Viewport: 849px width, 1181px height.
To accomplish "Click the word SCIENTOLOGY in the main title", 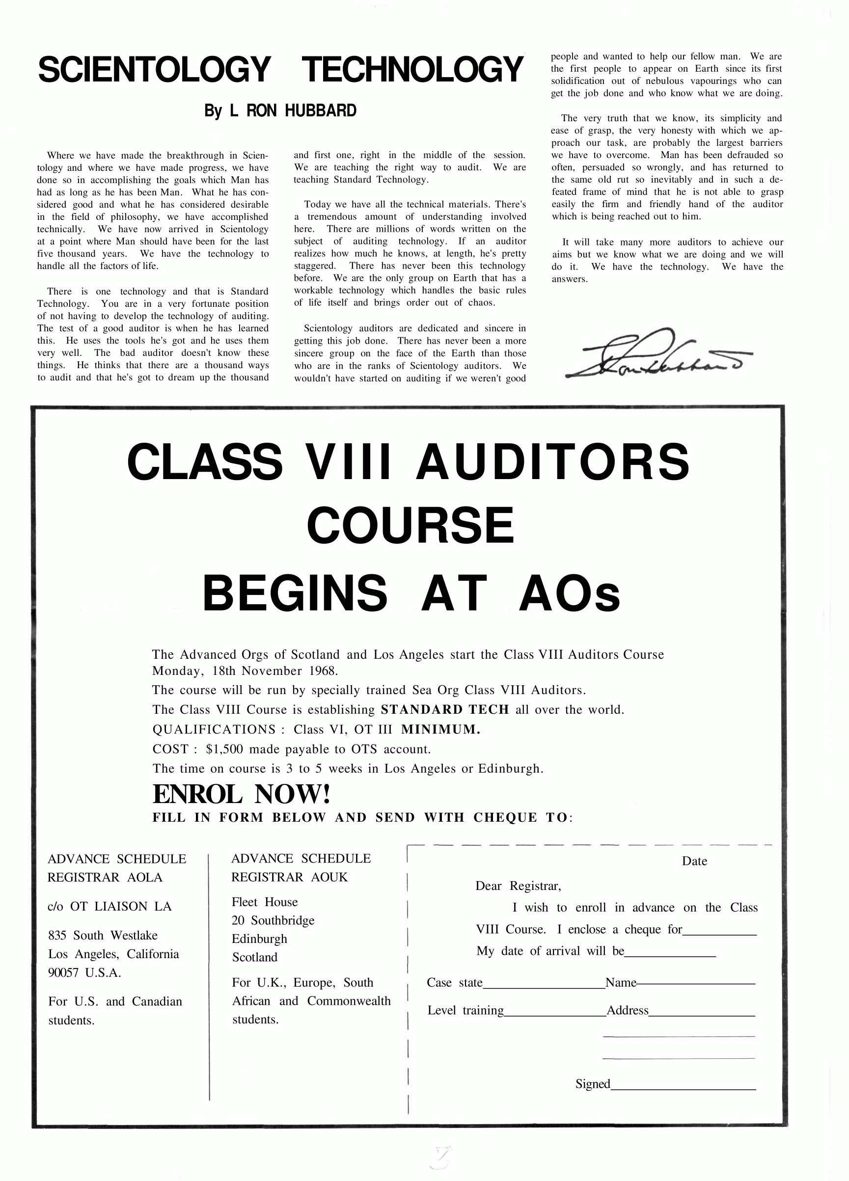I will tap(154, 70).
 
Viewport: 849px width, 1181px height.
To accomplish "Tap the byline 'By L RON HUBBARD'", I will tap(280, 111).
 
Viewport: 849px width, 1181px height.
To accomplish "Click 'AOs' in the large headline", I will tap(569, 593).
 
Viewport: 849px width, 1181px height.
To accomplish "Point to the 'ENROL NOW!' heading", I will tap(241, 795).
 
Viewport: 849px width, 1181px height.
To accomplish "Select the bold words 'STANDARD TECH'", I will tap(445, 710).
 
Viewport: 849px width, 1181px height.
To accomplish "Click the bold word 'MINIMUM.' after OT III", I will tap(440, 729).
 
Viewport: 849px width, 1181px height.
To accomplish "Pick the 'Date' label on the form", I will tap(694, 861).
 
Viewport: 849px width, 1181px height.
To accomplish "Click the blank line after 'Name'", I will tap(696, 984).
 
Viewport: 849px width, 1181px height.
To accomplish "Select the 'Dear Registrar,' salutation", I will tap(518, 886).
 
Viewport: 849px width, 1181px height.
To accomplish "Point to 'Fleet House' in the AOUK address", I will tap(265, 902).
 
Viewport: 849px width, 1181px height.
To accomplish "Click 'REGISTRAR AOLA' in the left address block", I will tap(105, 878).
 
